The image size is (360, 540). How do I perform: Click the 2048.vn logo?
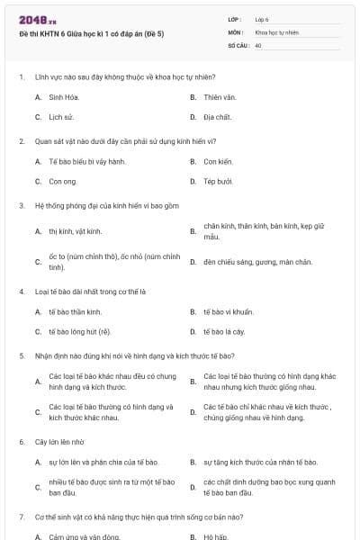pyautogui.click(x=37, y=17)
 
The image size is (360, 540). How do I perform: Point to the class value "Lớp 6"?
pyautogui.click(x=262, y=18)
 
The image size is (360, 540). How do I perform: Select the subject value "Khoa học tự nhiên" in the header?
pyautogui.click(x=276, y=31)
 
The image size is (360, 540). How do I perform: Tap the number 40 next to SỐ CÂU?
pyautogui.click(x=258, y=44)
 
